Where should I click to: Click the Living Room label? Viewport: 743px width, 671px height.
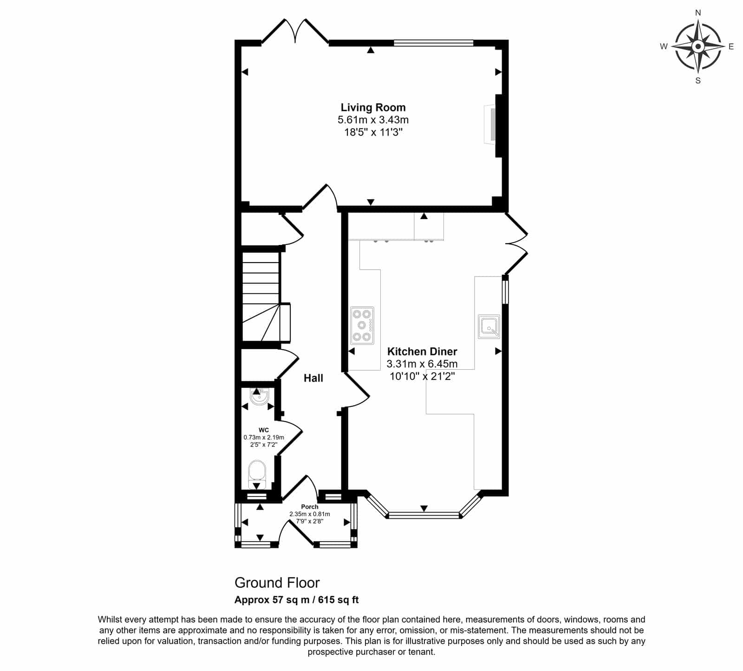(373, 108)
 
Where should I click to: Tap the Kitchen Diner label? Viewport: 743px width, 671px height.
(422, 352)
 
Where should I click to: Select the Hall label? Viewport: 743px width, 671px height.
(313, 378)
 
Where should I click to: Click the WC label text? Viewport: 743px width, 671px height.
(263, 430)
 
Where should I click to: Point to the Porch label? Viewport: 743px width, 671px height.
(310, 507)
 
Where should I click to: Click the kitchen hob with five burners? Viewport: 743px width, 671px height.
(362, 325)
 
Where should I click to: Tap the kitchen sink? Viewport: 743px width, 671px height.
(489, 327)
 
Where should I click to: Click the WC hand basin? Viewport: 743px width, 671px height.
(257, 397)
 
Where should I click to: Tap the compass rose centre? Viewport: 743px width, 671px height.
(697, 46)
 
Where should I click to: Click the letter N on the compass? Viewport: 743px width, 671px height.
(697, 13)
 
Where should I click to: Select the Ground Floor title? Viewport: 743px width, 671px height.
(277, 582)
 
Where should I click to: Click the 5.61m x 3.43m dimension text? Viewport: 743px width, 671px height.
(373, 120)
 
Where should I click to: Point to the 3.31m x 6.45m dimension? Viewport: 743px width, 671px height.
(422, 364)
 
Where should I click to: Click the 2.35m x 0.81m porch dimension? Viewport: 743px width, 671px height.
(310, 514)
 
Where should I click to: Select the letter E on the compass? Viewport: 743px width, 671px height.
(731, 46)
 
